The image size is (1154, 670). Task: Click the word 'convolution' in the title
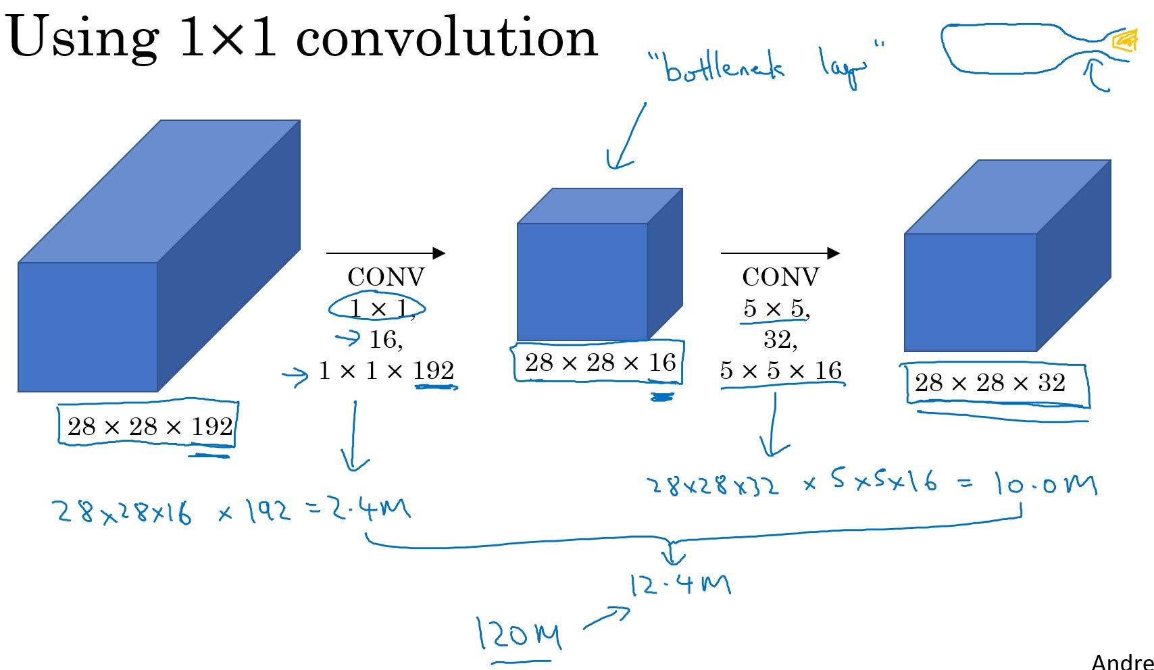click(447, 38)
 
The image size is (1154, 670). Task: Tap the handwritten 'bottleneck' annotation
click(724, 68)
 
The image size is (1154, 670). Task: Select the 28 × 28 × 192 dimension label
click(149, 427)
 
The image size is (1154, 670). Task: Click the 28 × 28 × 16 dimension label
click(600, 363)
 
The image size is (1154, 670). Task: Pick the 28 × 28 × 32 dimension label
click(990, 384)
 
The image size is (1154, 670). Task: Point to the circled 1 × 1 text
click(378, 309)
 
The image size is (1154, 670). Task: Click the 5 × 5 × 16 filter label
click(780, 371)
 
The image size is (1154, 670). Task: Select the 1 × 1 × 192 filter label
click(386, 371)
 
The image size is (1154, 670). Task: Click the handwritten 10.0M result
click(1044, 484)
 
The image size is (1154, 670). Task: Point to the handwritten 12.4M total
click(680, 584)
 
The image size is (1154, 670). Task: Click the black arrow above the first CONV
click(385, 253)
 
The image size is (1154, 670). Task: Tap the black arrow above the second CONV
click(780, 253)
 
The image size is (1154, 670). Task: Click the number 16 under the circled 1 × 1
click(384, 339)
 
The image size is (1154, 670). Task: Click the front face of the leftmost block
click(87, 327)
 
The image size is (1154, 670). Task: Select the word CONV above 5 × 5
click(780, 277)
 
